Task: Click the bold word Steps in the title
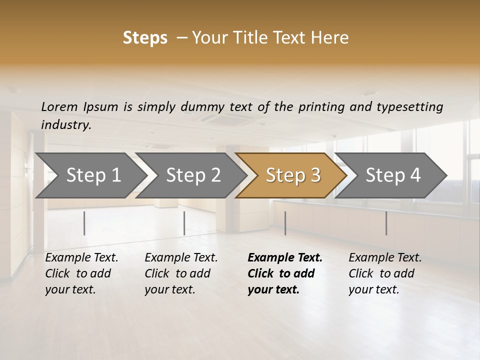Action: tap(145, 37)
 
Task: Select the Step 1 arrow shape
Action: tap(90, 175)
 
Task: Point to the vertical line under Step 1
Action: tap(84, 223)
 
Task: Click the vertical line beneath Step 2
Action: tap(184, 223)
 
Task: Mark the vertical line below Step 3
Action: tap(285, 223)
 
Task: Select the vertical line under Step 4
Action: tap(386, 223)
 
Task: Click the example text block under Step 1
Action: tap(81, 273)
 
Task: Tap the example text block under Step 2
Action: tap(181, 273)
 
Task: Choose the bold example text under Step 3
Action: tap(285, 273)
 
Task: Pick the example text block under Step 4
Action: tap(385, 273)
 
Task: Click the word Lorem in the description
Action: tap(59, 106)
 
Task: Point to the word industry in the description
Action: tap(66, 124)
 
